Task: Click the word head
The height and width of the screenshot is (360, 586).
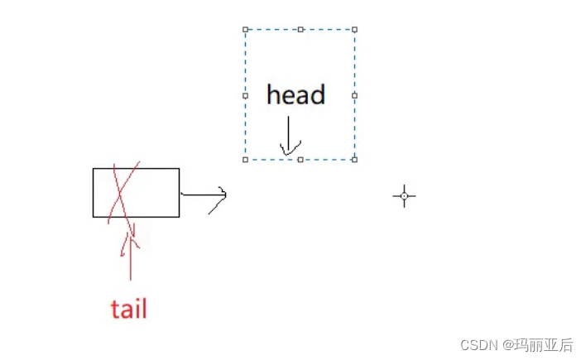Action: coord(295,94)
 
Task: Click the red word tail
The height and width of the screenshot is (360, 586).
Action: coord(128,309)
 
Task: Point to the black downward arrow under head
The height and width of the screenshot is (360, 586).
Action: coord(288,136)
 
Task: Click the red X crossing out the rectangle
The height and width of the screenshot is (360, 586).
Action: coord(123,193)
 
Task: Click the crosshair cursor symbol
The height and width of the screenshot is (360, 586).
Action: coord(404,196)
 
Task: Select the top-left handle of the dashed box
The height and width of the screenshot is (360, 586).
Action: coord(245,29)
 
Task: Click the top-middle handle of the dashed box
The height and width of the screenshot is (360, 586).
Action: coord(300,29)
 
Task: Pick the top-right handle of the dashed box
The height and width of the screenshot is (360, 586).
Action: coord(355,29)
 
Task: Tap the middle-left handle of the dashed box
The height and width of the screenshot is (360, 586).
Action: coord(245,95)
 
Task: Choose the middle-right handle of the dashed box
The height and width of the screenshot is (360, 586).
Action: coord(355,95)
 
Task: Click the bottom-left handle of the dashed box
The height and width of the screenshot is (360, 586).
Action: coord(245,160)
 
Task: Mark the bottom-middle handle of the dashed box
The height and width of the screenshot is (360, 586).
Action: coord(300,160)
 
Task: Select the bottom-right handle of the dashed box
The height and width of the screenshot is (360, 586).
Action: coord(355,160)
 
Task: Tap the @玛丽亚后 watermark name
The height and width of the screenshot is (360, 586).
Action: coord(539,345)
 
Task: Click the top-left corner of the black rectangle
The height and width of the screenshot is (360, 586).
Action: coord(93,169)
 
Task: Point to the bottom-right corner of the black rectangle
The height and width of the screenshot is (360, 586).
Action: coord(179,217)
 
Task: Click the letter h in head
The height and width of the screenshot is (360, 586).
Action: coord(273,94)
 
